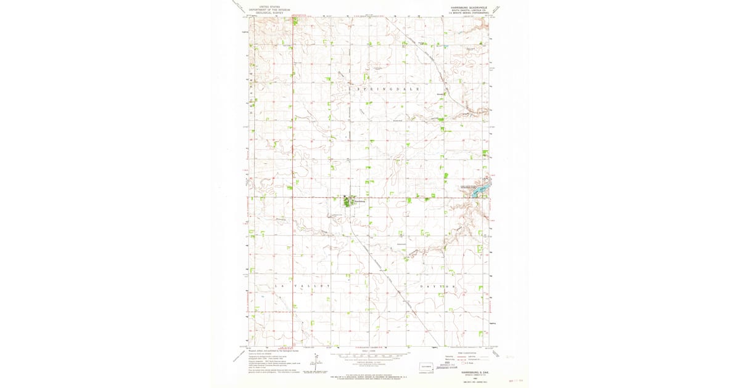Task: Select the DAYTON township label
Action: click(x=440, y=287)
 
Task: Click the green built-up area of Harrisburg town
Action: click(x=348, y=201)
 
